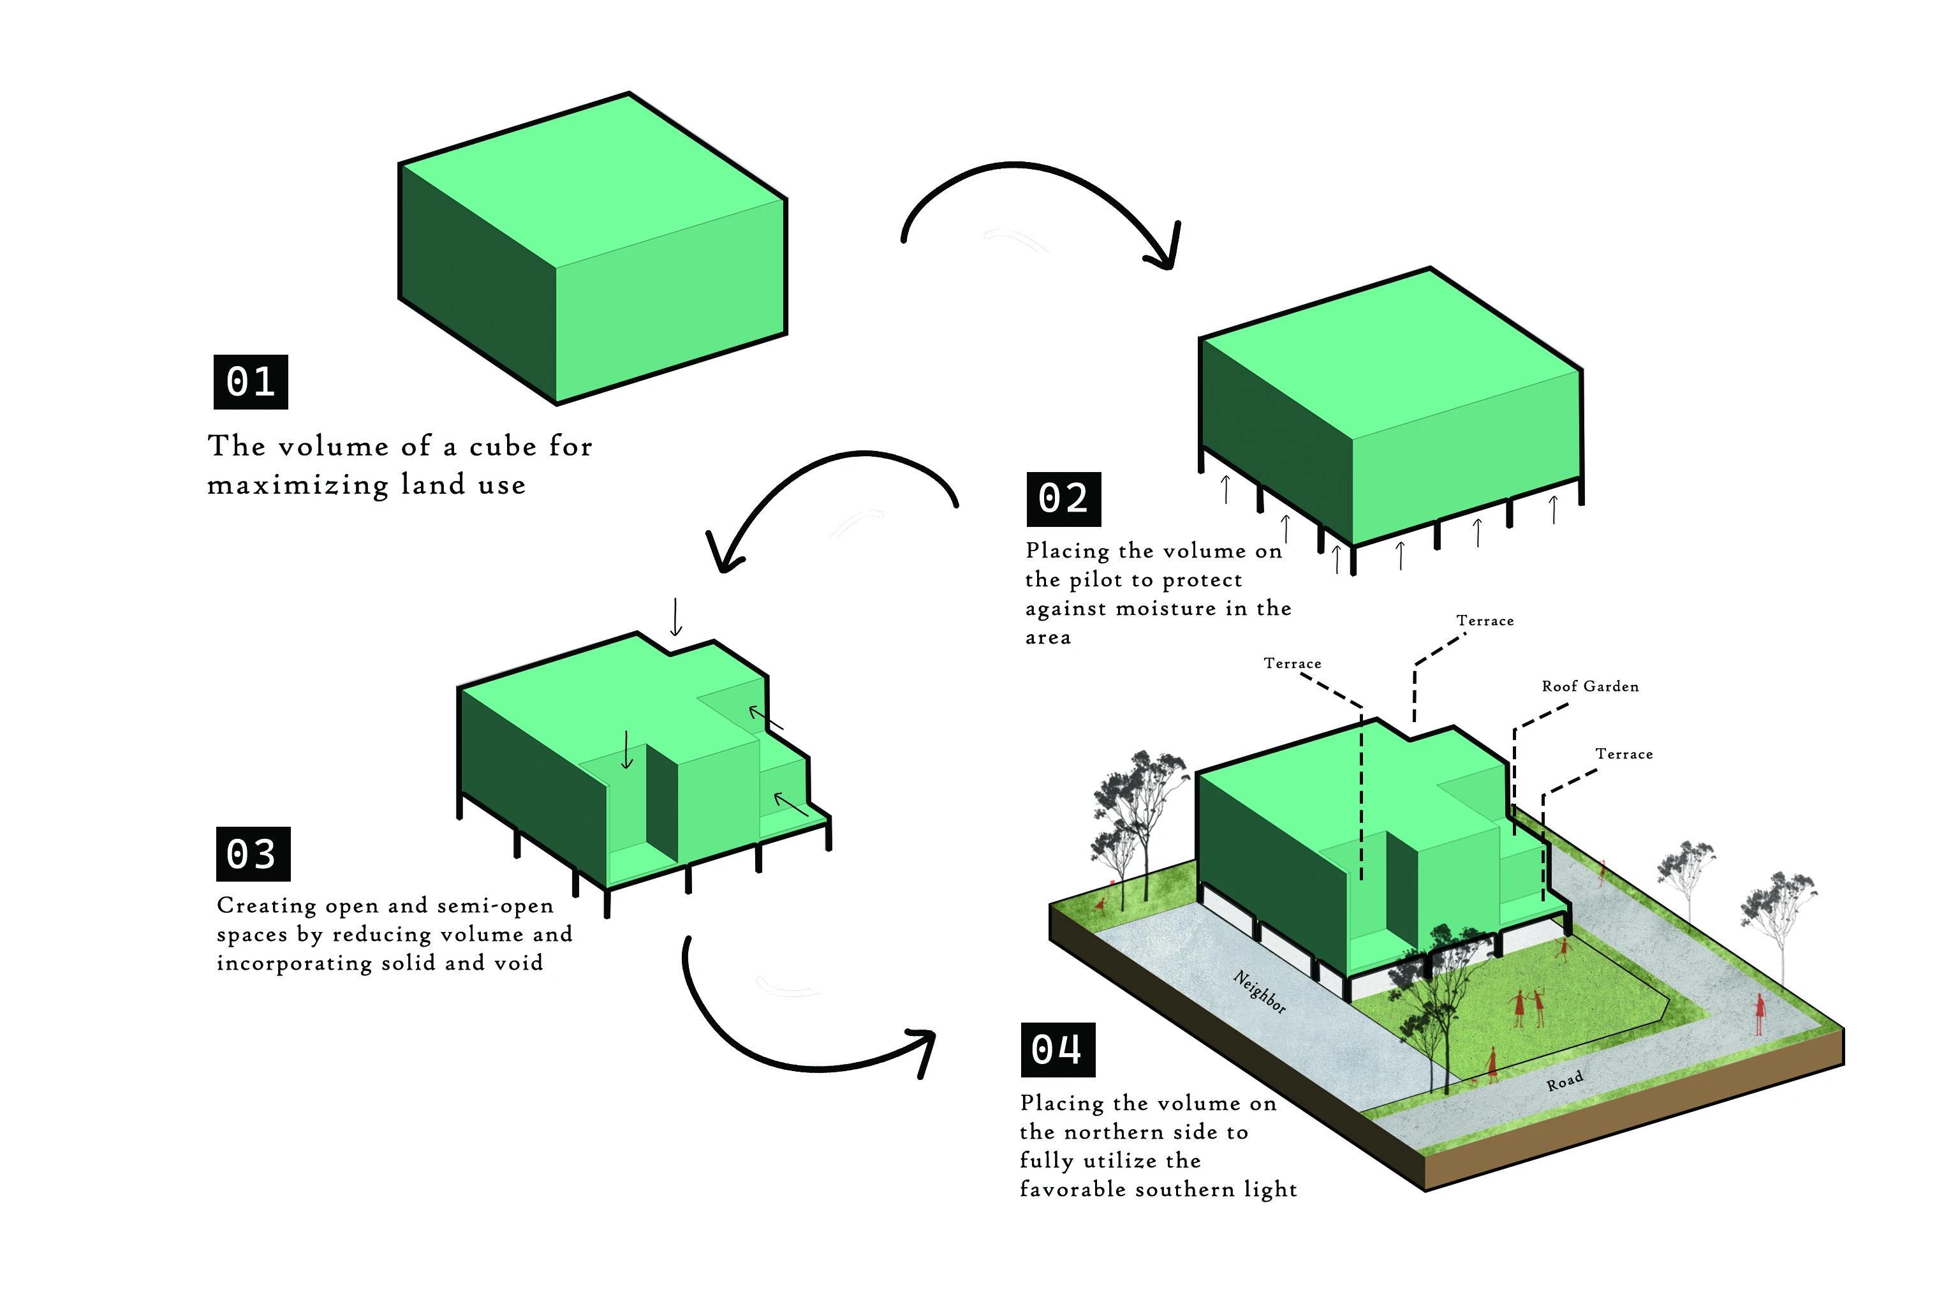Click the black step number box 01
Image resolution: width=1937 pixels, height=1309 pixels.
(251, 382)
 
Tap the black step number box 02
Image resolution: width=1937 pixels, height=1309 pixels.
(1063, 499)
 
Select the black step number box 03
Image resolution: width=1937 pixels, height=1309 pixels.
(253, 854)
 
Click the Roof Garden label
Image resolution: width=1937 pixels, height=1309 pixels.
(1589, 686)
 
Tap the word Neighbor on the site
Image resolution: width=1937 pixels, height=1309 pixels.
(1260, 991)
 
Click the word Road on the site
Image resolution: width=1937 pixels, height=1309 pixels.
(1565, 1081)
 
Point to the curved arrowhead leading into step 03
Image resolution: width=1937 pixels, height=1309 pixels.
(722, 552)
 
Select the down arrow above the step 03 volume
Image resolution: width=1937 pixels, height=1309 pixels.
(676, 617)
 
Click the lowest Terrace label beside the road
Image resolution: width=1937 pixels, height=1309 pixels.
(1624, 754)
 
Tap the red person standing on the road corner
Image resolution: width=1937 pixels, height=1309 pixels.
(1760, 1014)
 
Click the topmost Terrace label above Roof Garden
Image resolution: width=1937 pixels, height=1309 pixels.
(1484, 620)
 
